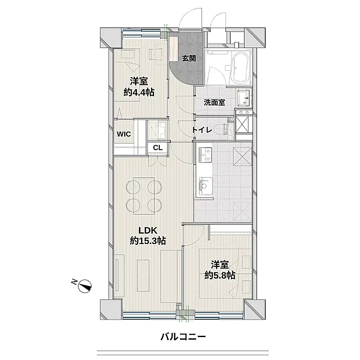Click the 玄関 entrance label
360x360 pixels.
pos(189,58)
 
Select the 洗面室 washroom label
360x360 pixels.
pos(215,102)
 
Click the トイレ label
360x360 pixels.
pos(202,130)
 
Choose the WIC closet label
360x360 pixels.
pos(124,134)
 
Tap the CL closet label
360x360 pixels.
pos(158,148)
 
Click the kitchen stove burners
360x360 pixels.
pos(205,155)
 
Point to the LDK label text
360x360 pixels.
pos(148,230)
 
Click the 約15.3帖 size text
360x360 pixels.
pos(148,241)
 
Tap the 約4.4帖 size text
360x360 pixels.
pos(139,92)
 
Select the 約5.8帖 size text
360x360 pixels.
pos(220,275)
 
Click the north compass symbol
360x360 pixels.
pos(85,286)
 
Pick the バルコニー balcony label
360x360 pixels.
pos(183,337)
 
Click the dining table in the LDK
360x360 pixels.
pos(144,196)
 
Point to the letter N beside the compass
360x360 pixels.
pos(74,282)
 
